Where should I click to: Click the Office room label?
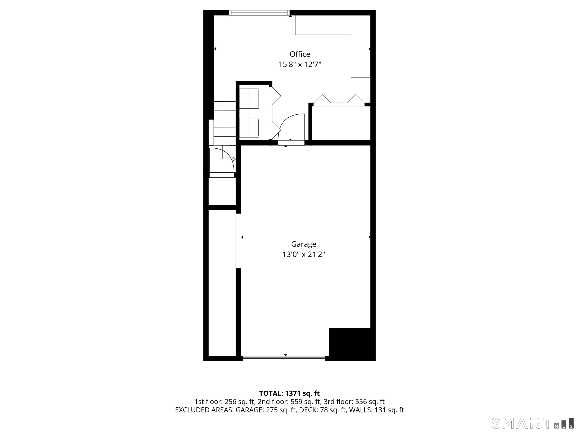point(300,54)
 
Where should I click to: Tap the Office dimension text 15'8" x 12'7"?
point(300,64)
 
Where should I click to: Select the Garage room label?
point(303,244)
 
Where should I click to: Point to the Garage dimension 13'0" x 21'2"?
point(303,254)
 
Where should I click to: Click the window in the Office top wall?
point(259,12)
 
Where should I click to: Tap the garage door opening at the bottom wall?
point(284,358)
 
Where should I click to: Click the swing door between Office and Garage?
point(291,128)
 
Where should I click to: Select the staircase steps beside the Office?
point(225,123)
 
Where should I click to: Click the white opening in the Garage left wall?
point(238,241)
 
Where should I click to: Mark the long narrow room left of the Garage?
point(222,283)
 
